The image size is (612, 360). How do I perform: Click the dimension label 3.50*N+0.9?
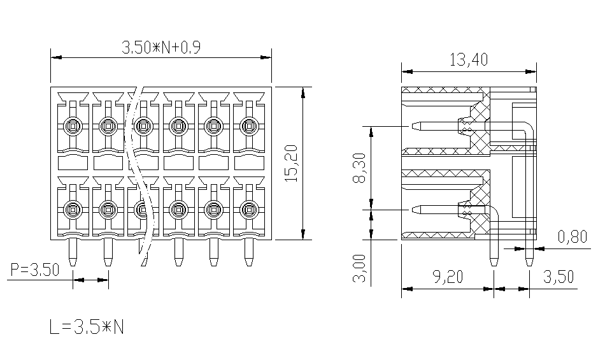161,48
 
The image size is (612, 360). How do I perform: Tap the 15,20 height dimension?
292,163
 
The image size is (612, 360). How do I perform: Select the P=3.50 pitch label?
35,270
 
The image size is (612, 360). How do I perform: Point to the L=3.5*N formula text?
87,327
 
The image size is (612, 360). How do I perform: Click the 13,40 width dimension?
469,60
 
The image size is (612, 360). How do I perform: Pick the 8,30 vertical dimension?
359,168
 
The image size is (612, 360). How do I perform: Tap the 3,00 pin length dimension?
359,268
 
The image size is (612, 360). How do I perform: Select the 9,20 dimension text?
448,277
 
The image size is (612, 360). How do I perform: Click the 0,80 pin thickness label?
572,236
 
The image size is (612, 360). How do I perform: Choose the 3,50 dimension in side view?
559,277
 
